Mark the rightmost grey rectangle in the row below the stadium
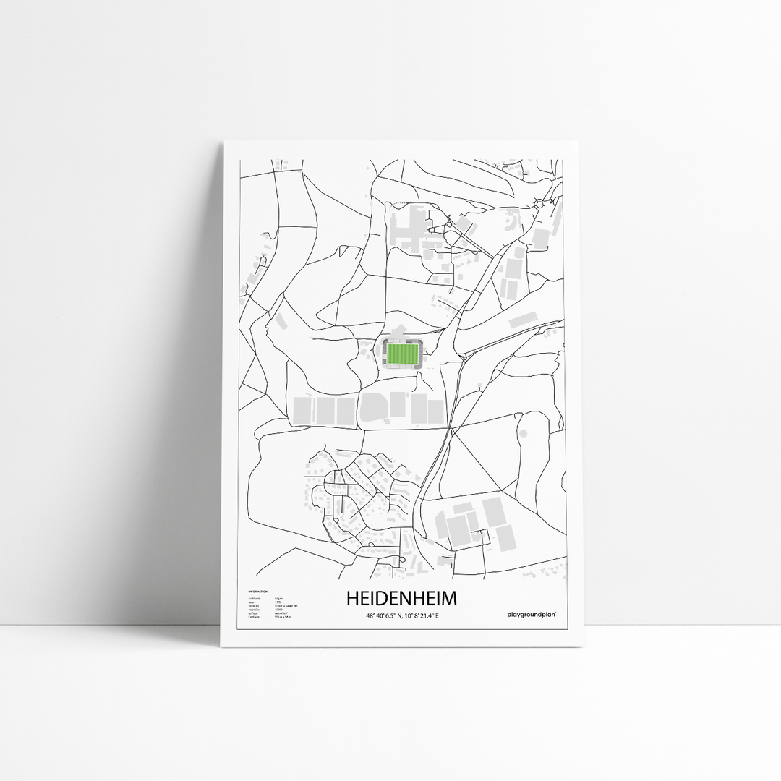tap(435, 411)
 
